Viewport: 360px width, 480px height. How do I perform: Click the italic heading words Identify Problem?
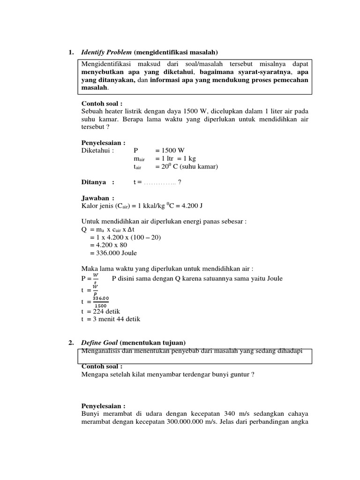click(x=106, y=52)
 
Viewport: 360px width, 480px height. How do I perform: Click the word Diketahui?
click(x=97, y=150)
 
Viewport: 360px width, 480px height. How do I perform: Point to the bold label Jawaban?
click(x=97, y=198)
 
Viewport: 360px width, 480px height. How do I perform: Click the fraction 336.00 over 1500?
click(x=100, y=302)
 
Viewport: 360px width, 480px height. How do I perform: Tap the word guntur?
click(x=240, y=375)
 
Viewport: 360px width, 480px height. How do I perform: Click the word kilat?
click(x=140, y=375)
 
